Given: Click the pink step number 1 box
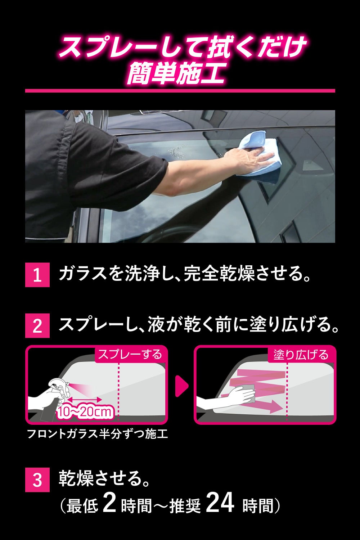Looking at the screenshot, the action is pos(37,275).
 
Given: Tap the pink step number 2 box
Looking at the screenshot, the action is pos(37,325).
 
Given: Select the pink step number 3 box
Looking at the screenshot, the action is pos(37,480).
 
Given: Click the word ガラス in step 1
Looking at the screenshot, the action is pos(82,275).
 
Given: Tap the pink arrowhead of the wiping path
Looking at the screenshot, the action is pos(275,406).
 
